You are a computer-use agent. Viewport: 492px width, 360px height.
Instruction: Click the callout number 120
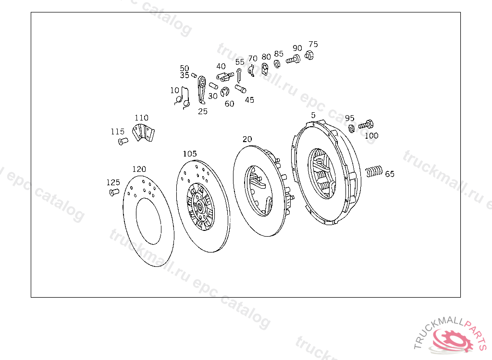[x=139, y=169]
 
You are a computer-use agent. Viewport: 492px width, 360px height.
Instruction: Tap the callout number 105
[x=190, y=154]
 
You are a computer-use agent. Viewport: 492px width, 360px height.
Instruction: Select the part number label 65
[x=389, y=174]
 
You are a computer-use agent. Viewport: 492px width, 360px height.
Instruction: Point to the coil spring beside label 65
[x=374, y=171]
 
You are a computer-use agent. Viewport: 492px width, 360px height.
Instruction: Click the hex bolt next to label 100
[x=366, y=124]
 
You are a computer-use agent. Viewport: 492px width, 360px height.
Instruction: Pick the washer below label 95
[x=352, y=128]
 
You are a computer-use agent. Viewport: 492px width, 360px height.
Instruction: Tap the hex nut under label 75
[x=309, y=56]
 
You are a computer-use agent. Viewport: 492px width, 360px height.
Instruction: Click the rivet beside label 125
[x=114, y=192]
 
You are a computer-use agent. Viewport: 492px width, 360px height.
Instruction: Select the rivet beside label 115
[x=123, y=141]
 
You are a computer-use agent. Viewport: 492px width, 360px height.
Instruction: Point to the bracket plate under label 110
[x=143, y=132]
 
